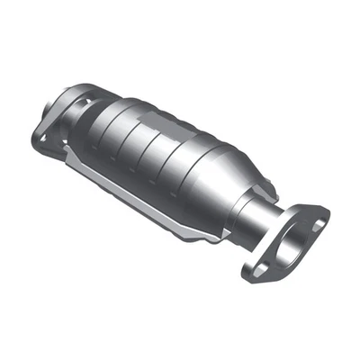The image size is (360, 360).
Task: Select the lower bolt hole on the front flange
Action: point(258,267)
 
